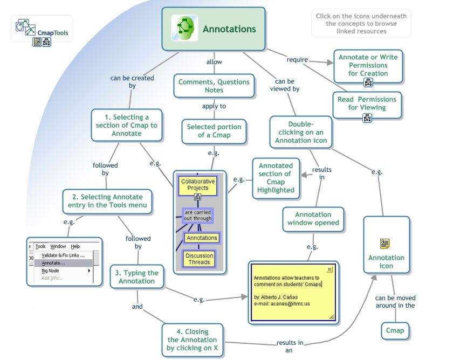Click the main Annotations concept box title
pos(229,29)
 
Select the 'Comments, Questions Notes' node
pos(214,86)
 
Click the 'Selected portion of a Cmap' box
pos(214,131)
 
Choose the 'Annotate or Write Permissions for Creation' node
pos(368,65)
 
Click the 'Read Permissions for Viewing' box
pos(367,103)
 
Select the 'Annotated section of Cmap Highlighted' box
pos(276,178)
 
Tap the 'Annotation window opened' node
pos(313,218)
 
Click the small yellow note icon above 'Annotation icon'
pos(384,244)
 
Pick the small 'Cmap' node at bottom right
pos(395,330)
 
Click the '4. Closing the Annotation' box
pos(193,340)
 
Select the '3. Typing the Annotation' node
pos(136,277)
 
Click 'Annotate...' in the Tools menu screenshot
pos(53,263)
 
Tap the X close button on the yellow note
pos(329,269)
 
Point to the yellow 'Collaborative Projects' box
pos(197,185)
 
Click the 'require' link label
pos(297,60)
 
